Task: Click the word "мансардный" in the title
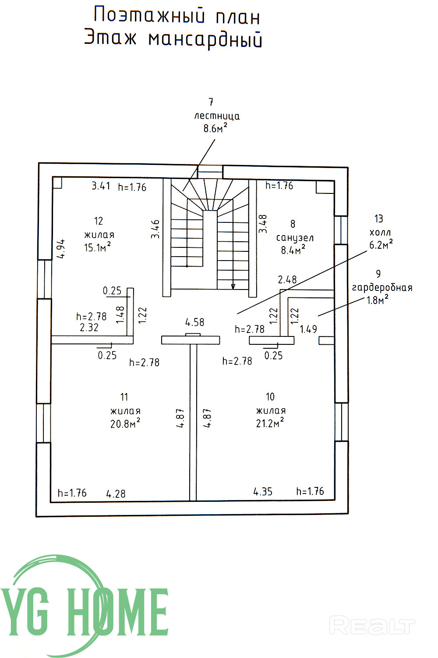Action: (x=205, y=39)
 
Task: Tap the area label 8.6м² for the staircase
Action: (x=215, y=128)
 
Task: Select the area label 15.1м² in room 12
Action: (x=97, y=247)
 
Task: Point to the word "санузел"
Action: (x=295, y=238)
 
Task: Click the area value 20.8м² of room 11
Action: (x=125, y=423)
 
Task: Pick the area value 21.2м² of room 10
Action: (x=270, y=423)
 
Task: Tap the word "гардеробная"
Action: (x=382, y=288)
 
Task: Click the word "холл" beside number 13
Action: (x=380, y=232)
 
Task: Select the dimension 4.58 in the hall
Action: (x=194, y=322)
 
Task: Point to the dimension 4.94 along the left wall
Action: (x=61, y=249)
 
